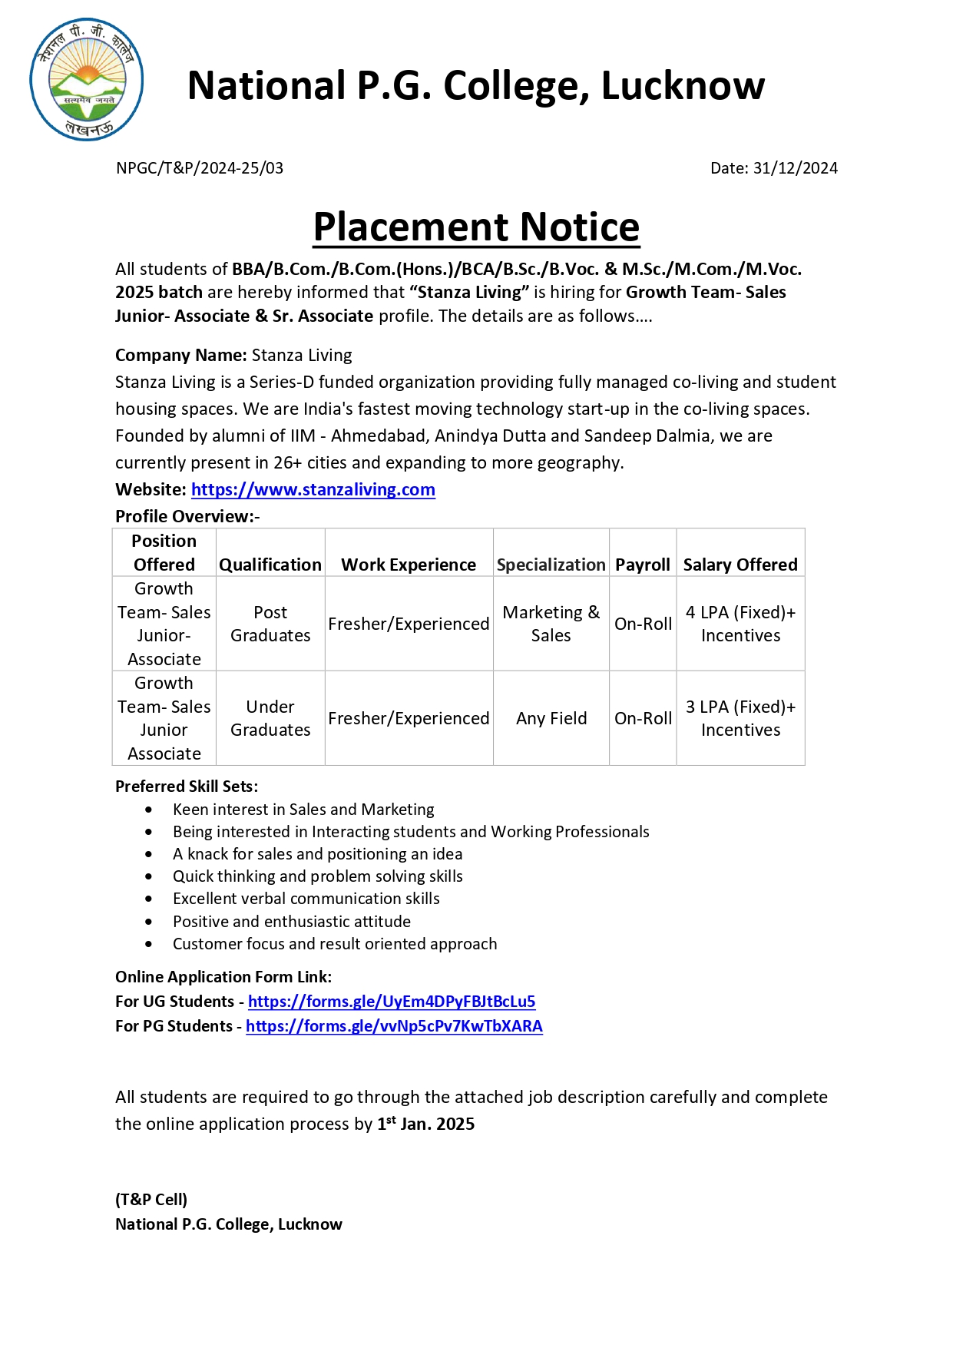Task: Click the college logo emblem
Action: pos(87,79)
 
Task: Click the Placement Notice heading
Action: pos(476,227)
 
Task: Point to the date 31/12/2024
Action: pos(795,168)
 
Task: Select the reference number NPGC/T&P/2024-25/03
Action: pos(200,168)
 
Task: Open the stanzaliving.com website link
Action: pos(313,490)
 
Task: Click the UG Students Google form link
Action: pos(392,1002)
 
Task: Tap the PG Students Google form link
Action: pos(394,1026)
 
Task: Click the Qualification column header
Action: pos(270,565)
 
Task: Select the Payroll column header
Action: pos(643,565)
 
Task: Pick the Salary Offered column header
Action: pos(740,565)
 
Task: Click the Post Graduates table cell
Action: pos(270,624)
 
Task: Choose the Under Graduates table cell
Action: pos(270,718)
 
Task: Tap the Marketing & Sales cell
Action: pos(551,624)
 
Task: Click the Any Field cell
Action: pos(551,718)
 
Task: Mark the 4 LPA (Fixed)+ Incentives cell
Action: pos(740,624)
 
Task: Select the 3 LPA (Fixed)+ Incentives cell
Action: pos(740,718)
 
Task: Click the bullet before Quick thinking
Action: pos(149,876)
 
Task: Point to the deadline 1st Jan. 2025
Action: pos(425,1124)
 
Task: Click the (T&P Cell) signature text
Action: pos(151,1200)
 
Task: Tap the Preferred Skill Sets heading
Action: pos(187,787)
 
